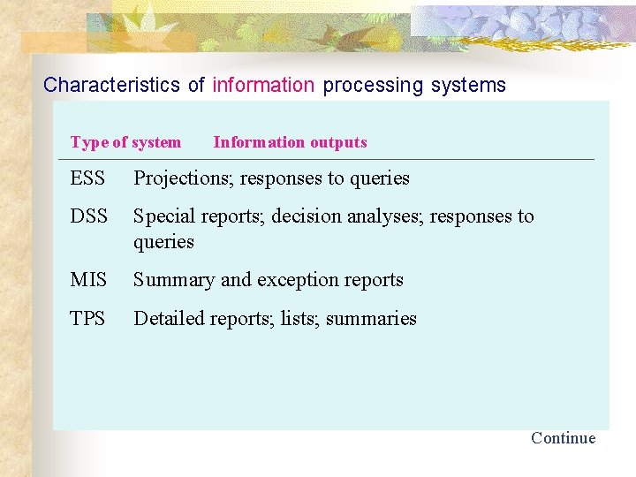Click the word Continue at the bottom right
pyautogui.click(x=563, y=438)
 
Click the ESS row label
pyautogui.click(x=87, y=178)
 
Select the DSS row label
pyautogui.click(x=88, y=216)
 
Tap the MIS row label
pyautogui.click(x=88, y=280)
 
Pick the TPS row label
pyautogui.click(x=87, y=319)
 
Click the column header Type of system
pyautogui.click(x=125, y=142)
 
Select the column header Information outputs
pyautogui.click(x=290, y=142)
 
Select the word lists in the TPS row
pyautogui.click(x=300, y=319)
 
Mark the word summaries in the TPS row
pyautogui.click(x=371, y=319)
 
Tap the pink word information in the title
pyautogui.click(x=263, y=86)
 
